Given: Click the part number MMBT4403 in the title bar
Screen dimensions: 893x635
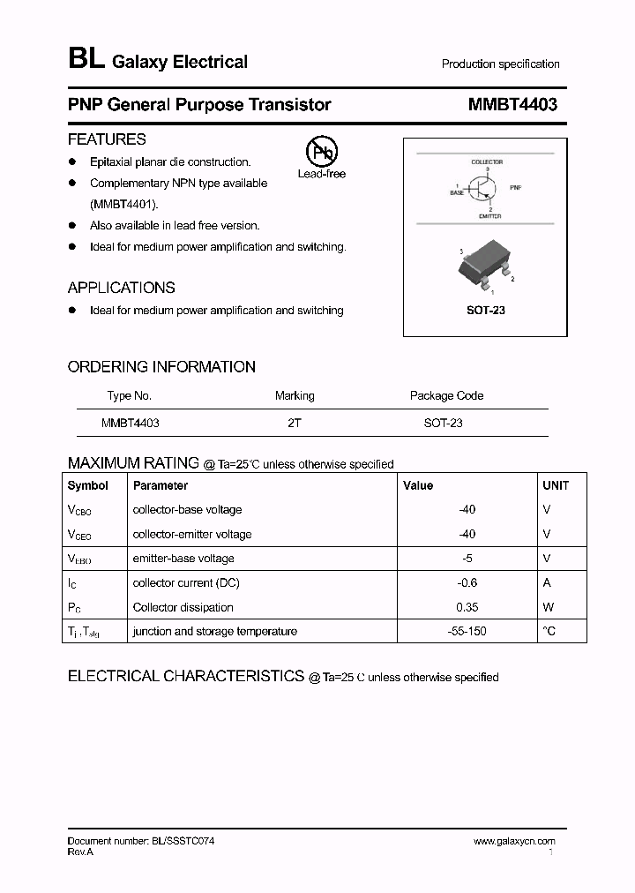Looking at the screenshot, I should (x=512, y=105).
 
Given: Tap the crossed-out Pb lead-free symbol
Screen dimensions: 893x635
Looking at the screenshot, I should (x=321, y=152).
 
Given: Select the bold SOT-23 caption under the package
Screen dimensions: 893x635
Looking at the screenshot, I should (x=485, y=311).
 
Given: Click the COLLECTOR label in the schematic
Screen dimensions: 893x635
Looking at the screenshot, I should (x=487, y=162).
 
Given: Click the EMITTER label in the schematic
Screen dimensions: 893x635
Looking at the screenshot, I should (x=490, y=215).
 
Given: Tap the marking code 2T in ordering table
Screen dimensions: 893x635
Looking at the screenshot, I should (x=295, y=423).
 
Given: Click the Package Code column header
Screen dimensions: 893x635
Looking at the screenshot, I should (x=446, y=395).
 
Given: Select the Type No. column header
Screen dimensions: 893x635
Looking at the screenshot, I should (x=130, y=395).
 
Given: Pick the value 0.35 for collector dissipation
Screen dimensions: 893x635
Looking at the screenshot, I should (x=467, y=607).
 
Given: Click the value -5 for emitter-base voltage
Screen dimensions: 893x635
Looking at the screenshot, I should (x=467, y=559).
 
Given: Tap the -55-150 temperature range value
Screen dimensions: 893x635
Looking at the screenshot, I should (x=467, y=631).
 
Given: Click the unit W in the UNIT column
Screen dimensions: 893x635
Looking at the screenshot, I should (x=547, y=607).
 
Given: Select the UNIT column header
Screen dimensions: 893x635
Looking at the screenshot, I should (x=556, y=485).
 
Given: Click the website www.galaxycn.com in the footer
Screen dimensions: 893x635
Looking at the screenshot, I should (x=514, y=842).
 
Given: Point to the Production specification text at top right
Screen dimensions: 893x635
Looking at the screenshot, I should (x=500, y=64).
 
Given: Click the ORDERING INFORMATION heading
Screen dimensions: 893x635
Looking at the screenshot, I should (x=161, y=367).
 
